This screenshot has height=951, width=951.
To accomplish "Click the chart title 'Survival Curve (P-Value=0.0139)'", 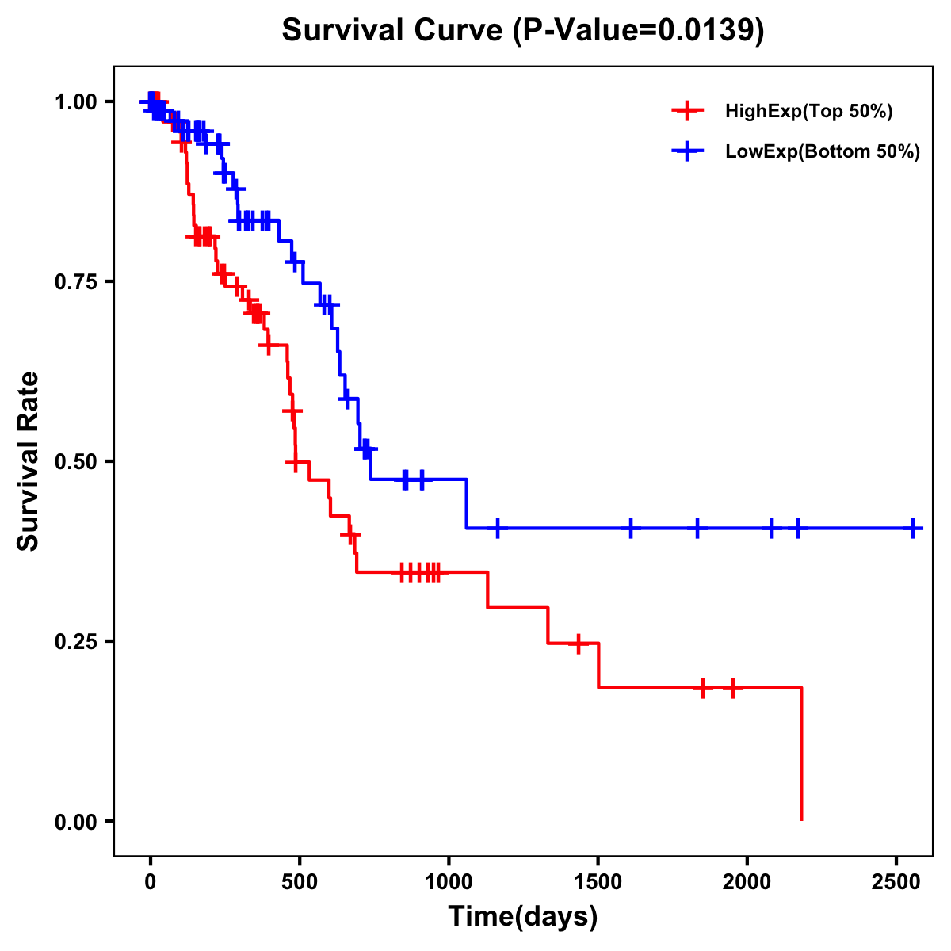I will point(523,31).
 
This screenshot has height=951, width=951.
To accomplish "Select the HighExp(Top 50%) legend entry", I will point(808,112).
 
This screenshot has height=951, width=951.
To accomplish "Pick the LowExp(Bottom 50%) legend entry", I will point(823,152).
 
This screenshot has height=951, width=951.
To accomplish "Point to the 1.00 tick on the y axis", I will point(74,102).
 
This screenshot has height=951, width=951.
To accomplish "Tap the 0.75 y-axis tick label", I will point(74,282).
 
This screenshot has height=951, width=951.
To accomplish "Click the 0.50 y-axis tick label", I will point(74,462).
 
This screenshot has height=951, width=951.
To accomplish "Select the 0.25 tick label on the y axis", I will point(74,642).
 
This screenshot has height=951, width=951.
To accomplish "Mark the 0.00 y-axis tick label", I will point(74,822).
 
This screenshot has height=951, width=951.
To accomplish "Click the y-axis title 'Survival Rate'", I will point(29,461).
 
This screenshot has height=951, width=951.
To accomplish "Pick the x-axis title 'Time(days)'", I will point(523,917).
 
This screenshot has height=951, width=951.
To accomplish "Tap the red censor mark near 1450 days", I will point(579,644).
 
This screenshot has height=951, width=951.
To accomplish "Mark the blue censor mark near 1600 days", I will point(631,528).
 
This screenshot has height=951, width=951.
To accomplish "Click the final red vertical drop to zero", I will point(801,753).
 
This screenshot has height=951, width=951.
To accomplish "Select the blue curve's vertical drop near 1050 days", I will point(466,504).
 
